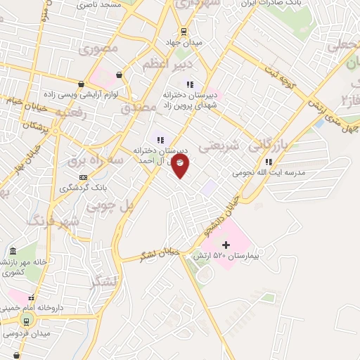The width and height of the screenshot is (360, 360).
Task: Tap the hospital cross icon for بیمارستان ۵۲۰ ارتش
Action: coord(225,245)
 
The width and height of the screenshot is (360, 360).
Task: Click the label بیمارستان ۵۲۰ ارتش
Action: coord(226,257)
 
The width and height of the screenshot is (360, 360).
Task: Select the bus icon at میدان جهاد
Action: coord(184,31)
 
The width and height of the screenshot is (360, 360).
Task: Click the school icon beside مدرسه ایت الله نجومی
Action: coord(268,161)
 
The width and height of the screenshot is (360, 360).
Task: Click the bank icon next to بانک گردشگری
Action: coord(84,177)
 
